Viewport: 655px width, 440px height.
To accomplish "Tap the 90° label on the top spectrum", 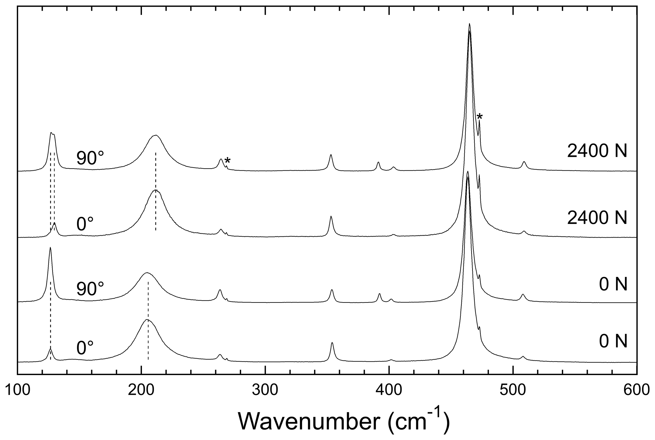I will [90, 158].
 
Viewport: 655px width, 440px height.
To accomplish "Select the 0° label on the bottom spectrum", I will [85, 348].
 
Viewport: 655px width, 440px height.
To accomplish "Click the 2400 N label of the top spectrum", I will [597, 152].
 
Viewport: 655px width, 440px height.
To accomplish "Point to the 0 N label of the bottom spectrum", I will [613, 342].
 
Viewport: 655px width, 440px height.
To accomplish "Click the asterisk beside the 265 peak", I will [227, 160].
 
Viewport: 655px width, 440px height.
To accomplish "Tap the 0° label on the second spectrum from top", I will [85, 224].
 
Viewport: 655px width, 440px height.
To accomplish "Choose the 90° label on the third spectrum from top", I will [90, 289].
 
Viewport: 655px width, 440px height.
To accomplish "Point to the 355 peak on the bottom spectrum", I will [332, 343].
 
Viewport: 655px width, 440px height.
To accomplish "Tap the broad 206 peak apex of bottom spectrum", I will [147, 320].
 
